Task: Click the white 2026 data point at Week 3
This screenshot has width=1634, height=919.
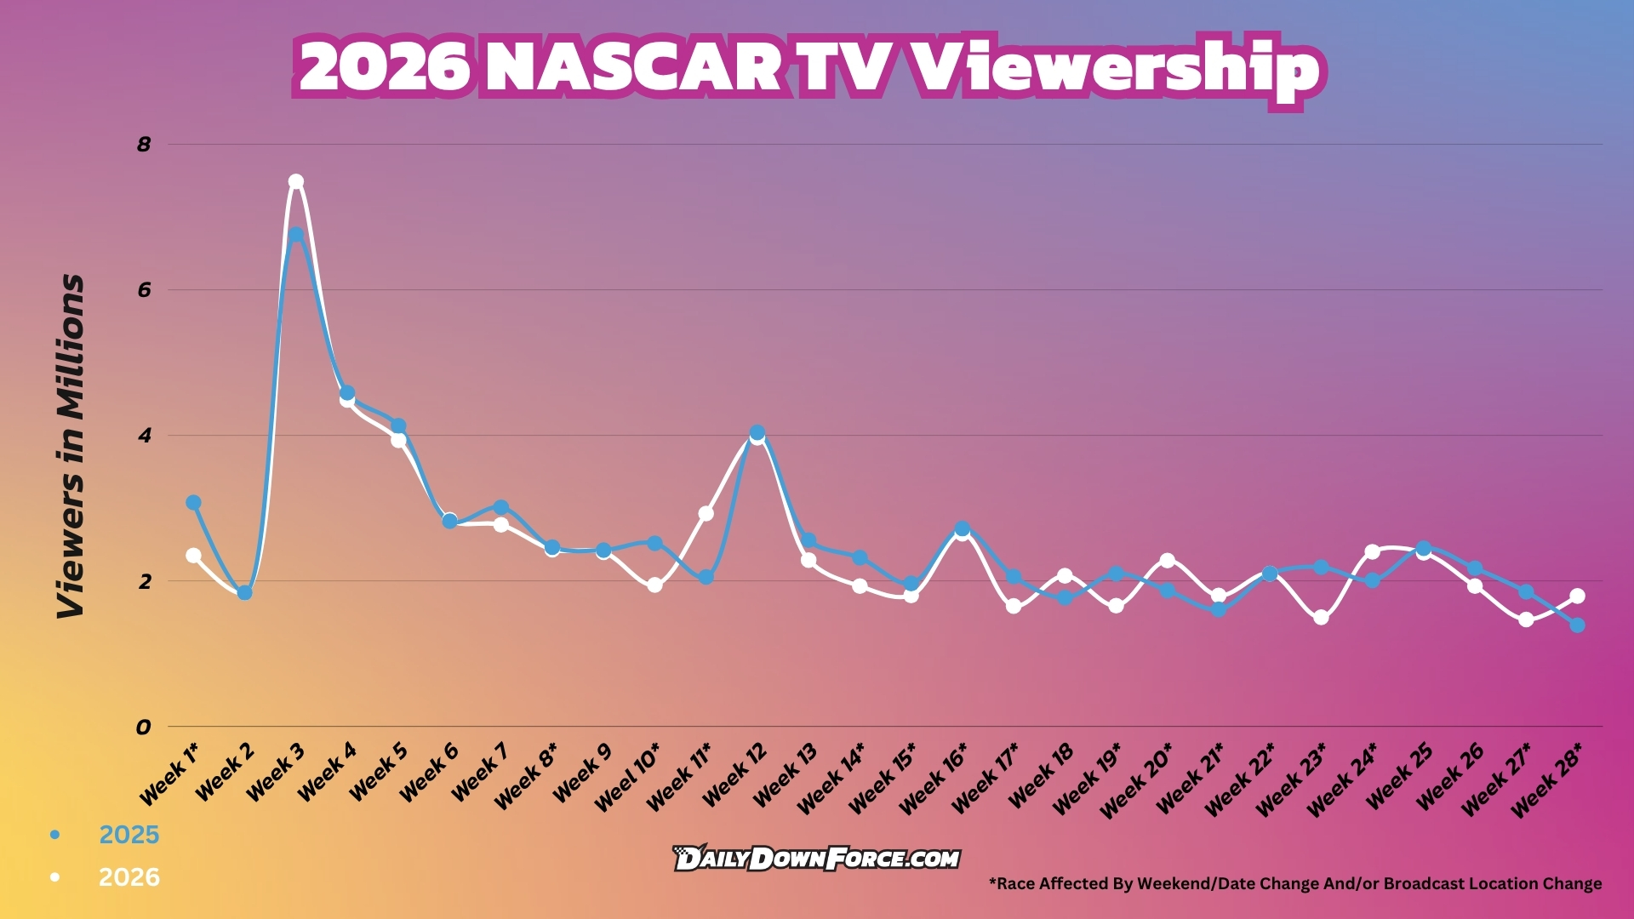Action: click(x=295, y=181)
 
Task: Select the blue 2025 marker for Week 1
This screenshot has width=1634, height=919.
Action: click(x=193, y=503)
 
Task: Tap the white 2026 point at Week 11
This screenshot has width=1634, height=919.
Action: click(x=706, y=513)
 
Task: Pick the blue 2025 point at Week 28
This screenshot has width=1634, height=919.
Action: click(x=1577, y=625)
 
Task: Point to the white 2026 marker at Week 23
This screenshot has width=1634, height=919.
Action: click(x=1321, y=618)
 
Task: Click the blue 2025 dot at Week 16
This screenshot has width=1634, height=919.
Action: click(x=962, y=528)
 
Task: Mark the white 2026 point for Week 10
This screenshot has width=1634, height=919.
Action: click(x=654, y=585)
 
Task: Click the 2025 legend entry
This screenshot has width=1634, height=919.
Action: click(x=106, y=835)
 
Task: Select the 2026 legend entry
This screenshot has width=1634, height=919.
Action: click(x=106, y=877)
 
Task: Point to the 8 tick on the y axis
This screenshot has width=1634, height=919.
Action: click(x=144, y=144)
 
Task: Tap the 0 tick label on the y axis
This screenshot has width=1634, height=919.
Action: click(x=143, y=727)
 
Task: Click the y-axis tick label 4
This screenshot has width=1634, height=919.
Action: click(x=144, y=436)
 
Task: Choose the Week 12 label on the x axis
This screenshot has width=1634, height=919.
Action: click(x=734, y=773)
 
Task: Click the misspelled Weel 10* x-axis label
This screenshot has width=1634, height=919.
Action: click(x=626, y=777)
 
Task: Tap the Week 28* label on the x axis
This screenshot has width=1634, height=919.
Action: click(x=1546, y=779)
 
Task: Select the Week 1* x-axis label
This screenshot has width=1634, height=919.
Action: click(x=169, y=773)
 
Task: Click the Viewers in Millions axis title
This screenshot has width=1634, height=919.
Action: click(x=71, y=446)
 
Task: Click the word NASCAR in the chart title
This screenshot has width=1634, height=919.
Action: click(x=633, y=67)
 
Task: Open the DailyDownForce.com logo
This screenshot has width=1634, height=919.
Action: click(x=816, y=858)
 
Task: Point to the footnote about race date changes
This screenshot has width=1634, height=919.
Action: click(x=1295, y=883)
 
